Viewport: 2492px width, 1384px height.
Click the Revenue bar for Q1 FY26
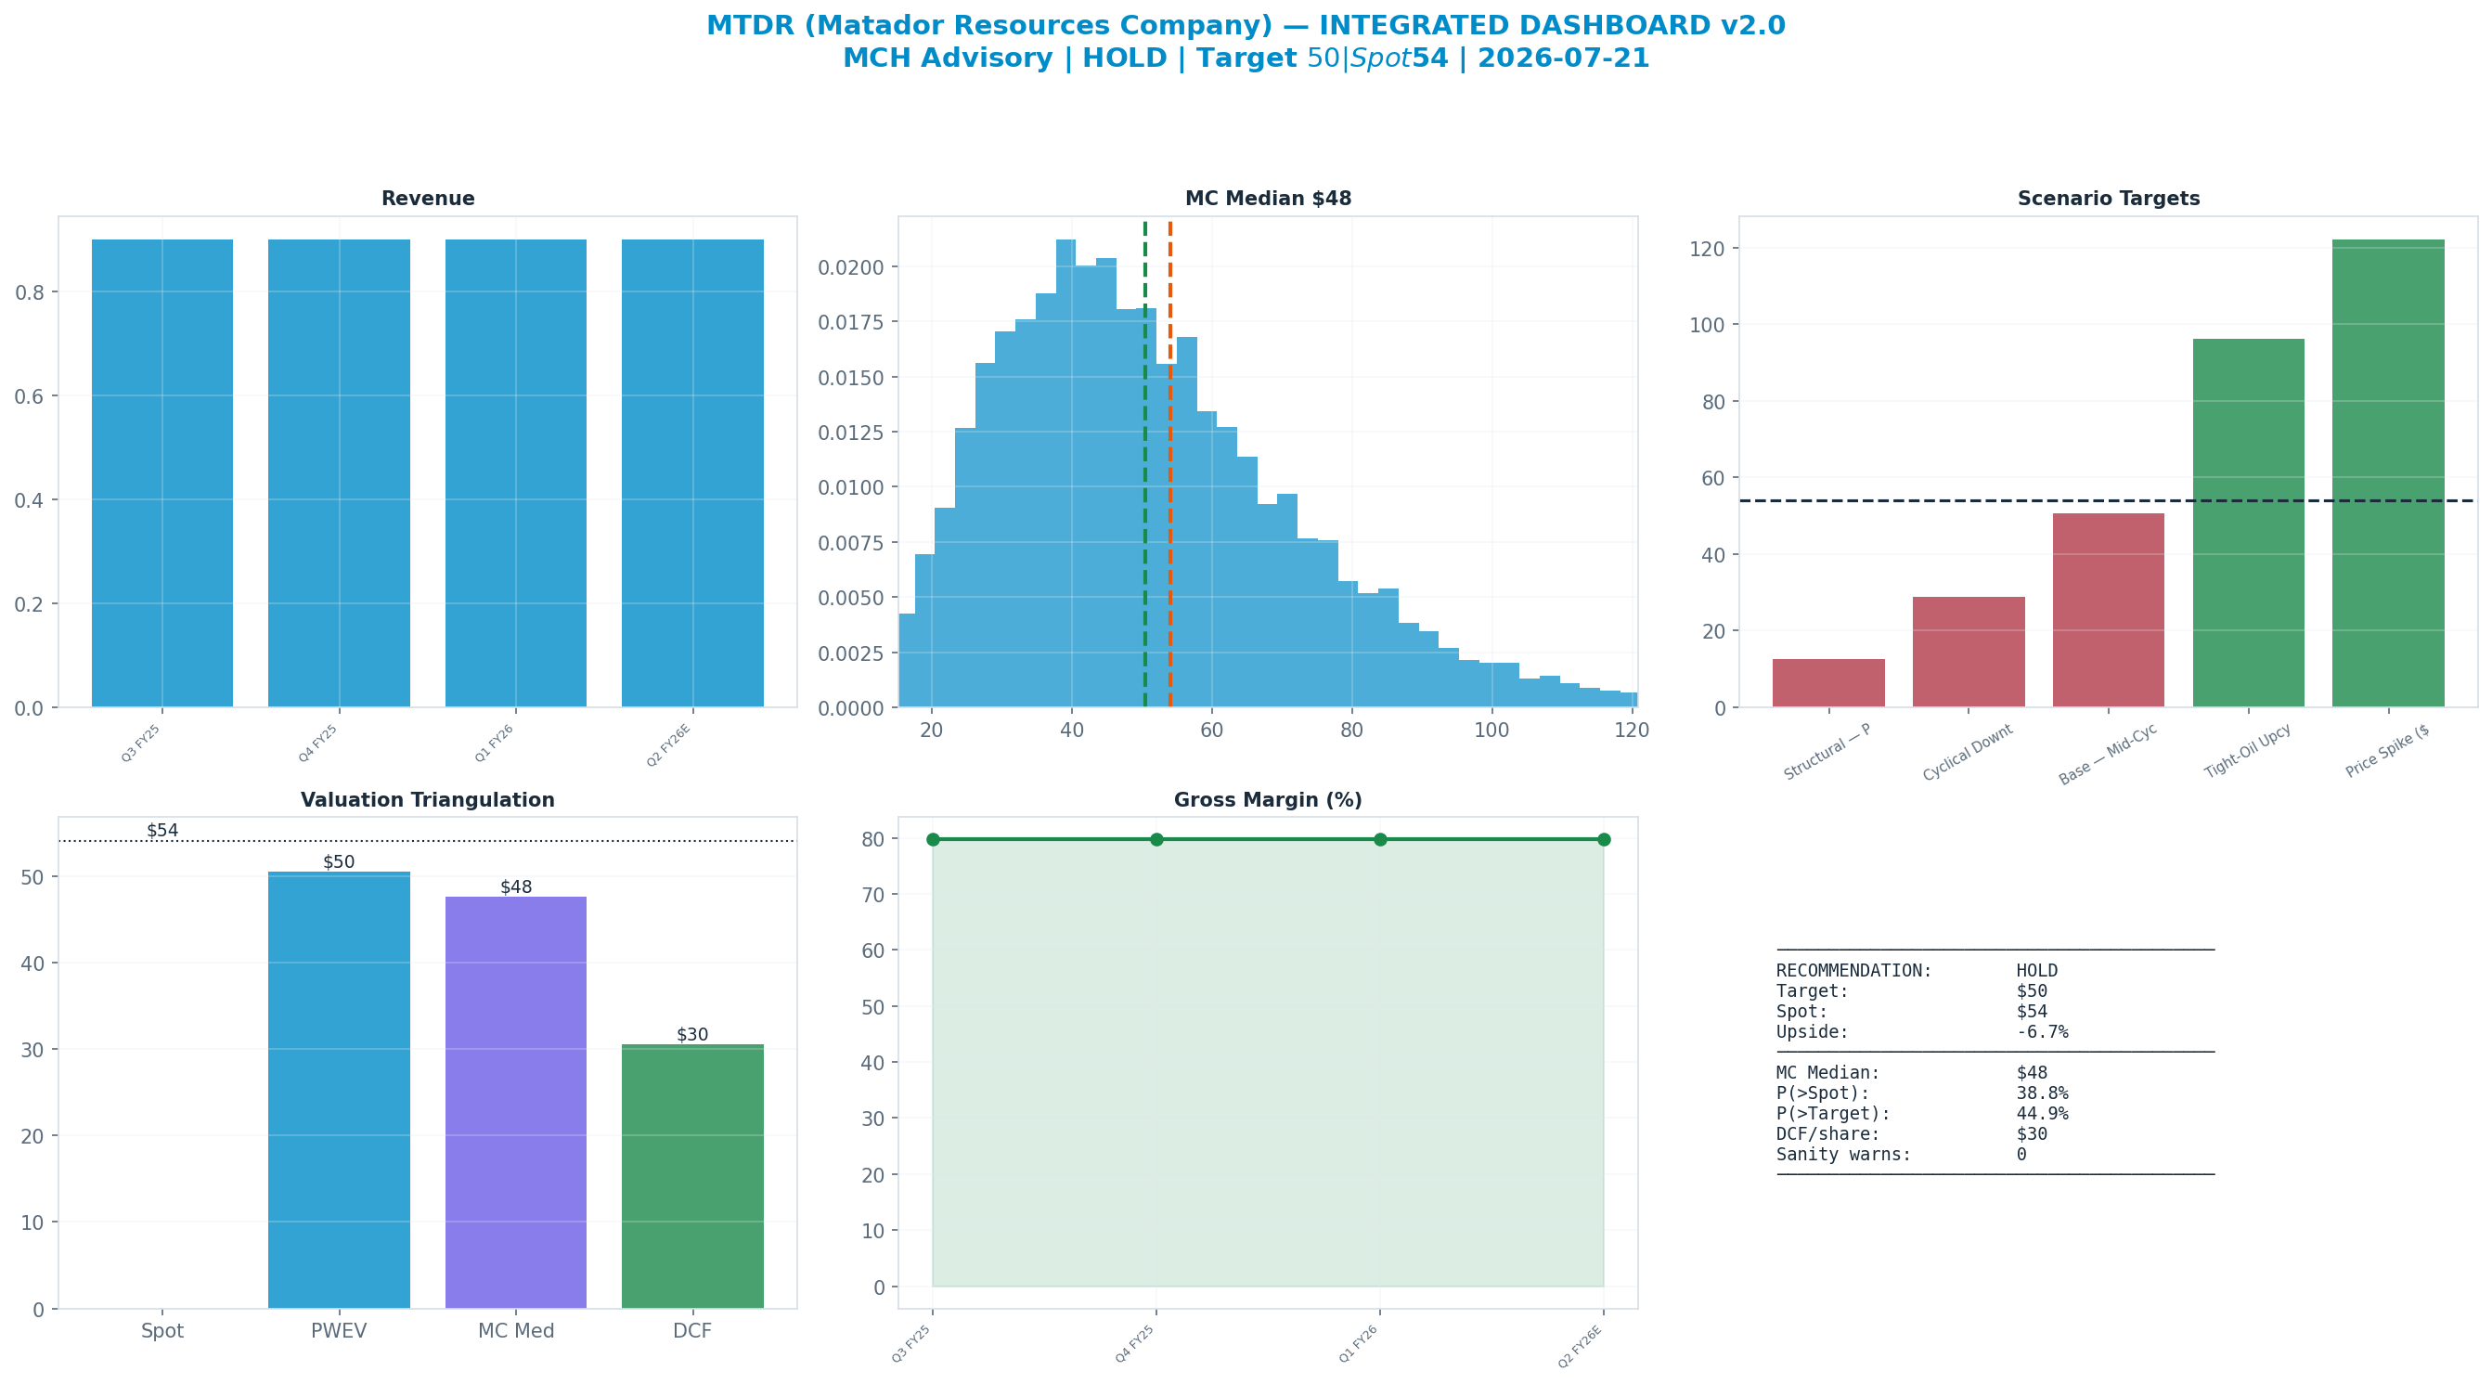tap(516, 473)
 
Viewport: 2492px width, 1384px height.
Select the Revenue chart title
tap(428, 199)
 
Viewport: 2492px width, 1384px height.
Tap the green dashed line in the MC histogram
tap(1145, 464)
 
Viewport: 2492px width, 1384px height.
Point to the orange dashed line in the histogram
tap(1169, 464)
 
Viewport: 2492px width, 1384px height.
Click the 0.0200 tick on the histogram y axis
tap(850, 267)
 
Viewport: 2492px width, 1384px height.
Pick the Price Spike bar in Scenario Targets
tap(2388, 473)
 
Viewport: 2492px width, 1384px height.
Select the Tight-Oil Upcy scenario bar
tap(2248, 523)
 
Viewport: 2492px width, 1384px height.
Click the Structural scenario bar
tap(1828, 683)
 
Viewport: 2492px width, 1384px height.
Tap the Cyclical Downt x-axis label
tap(1968, 753)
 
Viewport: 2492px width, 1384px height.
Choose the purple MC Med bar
tap(516, 1103)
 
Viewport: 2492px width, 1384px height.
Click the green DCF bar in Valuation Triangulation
tap(692, 1177)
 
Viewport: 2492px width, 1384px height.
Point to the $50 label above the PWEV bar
tap(339, 862)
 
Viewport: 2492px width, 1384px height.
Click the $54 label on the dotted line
tap(162, 831)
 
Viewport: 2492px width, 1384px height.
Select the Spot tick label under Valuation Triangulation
tap(162, 1331)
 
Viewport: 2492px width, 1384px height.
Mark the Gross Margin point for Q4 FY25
tap(1156, 839)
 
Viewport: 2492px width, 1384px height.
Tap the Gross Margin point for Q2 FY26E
tap(1604, 839)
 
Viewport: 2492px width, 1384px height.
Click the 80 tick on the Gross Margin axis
tap(873, 839)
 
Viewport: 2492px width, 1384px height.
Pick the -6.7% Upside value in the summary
tap(2042, 1031)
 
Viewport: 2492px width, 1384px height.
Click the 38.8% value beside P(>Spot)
tap(2042, 1093)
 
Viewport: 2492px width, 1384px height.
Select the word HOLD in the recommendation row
tap(2037, 971)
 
